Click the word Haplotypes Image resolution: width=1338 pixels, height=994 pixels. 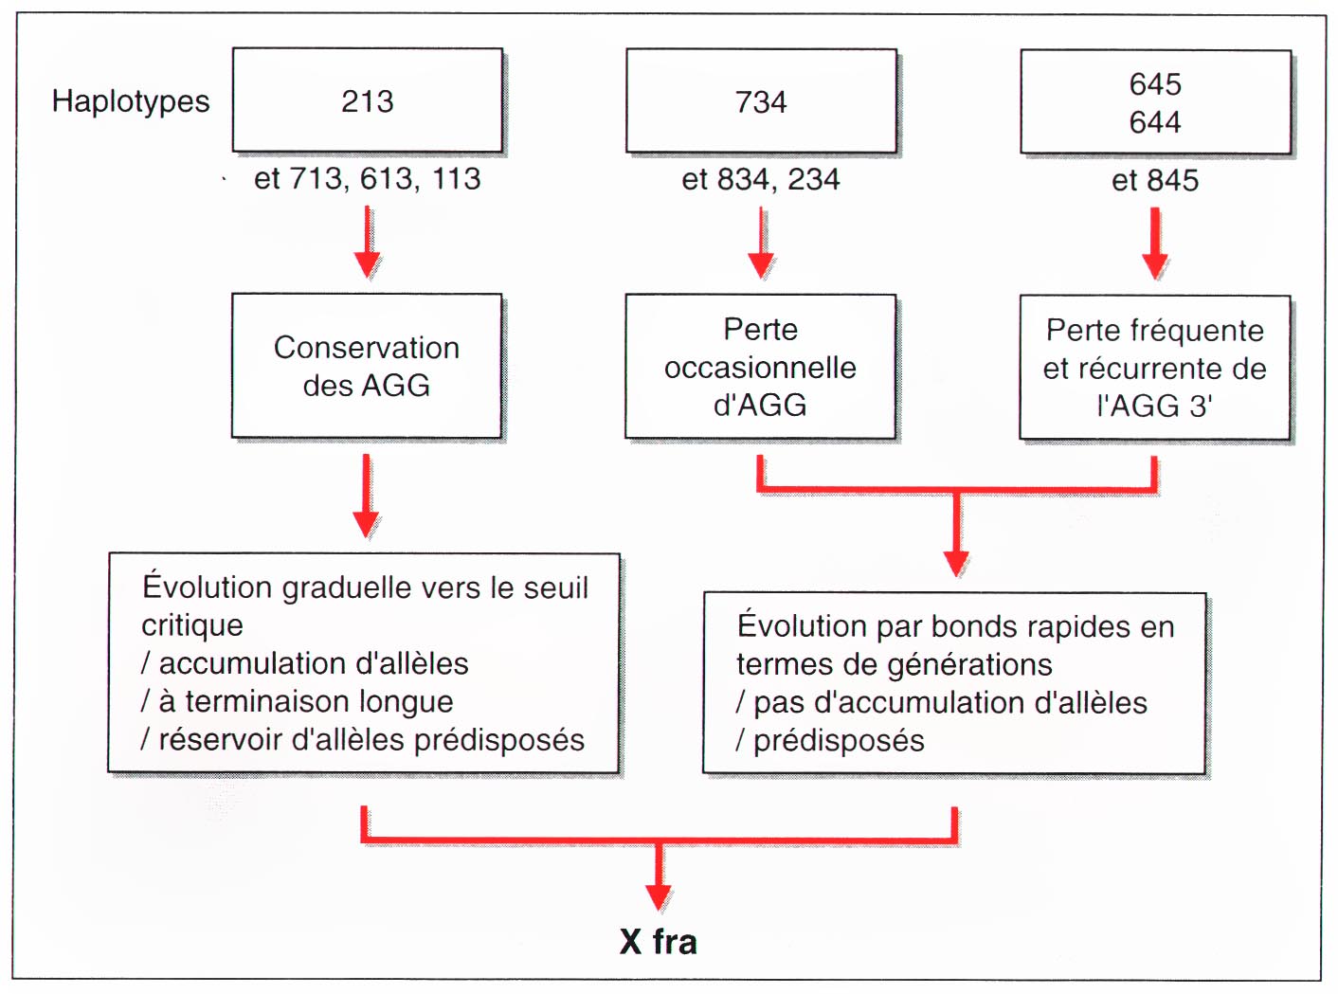[x=131, y=102]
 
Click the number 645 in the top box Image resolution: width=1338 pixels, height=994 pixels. [x=1154, y=84]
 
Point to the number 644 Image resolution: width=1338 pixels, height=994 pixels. [x=1154, y=122]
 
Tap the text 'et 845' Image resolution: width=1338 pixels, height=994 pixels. [x=1155, y=180]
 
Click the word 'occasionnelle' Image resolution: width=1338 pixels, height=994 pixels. [x=760, y=368]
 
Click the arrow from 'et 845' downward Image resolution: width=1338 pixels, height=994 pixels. [x=1154, y=244]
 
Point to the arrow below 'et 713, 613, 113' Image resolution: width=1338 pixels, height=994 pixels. [x=367, y=242]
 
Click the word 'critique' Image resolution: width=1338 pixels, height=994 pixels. [x=191, y=625]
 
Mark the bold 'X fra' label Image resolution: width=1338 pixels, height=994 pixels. [x=659, y=942]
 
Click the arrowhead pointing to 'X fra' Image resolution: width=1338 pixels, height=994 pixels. [x=659, y=897]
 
